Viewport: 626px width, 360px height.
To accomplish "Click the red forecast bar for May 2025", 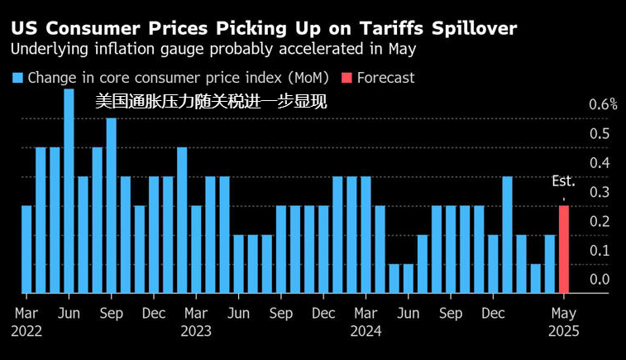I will (x=564, y=249).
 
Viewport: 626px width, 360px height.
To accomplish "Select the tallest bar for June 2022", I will (x=69, y=190).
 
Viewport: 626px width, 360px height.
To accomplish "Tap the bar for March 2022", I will (x=26, y=249).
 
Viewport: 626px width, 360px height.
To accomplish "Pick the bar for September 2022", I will (x=111, y=205).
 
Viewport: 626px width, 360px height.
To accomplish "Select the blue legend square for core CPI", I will (x=17, y=78).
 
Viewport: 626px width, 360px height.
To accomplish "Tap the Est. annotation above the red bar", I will (x=564, y=181).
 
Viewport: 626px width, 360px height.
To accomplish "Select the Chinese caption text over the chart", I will (x=211, y=103).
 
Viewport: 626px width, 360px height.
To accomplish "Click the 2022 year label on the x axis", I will (x=27, y=330).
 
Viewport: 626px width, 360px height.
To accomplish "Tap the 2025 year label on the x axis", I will (x=564, y=330).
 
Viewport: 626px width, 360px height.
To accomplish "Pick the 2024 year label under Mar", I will (x=365, y=330).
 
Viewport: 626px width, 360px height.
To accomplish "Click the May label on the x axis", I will (x=564, y=314).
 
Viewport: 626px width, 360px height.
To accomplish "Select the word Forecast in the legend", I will (x=386, y=78).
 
